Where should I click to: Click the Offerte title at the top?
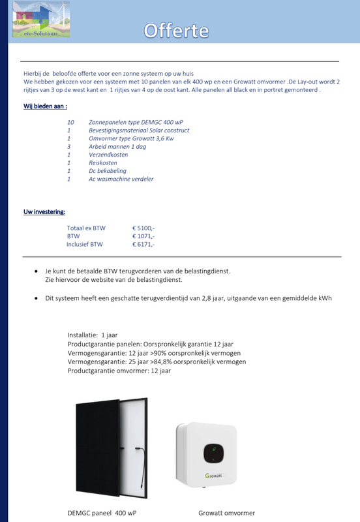point(176,31)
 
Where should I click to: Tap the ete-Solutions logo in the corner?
point(40,20)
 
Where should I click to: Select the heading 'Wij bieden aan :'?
point(45,106)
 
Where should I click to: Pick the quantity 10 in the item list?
point(70,122)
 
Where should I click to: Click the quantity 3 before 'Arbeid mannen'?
point(68,147)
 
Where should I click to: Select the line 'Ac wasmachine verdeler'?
point(121,179)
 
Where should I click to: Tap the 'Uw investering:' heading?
point(44,212)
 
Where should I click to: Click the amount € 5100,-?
point(143,228)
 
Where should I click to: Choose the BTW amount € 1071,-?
point(143,236)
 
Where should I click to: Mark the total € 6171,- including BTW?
point(143,245)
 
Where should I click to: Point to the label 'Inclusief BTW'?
point(85,245)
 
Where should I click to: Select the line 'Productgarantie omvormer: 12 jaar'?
point(119,371)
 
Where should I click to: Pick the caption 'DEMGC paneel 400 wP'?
point(102,513)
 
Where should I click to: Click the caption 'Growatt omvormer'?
point(226,513)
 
